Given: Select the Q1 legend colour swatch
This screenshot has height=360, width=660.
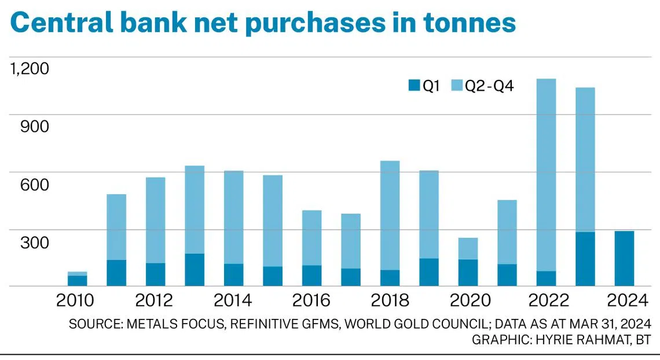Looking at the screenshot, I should point(413,86).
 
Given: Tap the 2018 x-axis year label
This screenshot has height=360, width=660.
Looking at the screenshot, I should point(389,300).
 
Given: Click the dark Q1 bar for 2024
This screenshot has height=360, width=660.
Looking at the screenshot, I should point(624,258).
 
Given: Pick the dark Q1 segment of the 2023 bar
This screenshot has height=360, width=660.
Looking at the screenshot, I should point(585,259).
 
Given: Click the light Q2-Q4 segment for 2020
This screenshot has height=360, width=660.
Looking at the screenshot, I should point(468,248).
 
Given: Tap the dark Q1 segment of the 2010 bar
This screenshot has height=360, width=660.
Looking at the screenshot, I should point(77,281).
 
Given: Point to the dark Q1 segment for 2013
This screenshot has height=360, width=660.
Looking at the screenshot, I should point(195,270).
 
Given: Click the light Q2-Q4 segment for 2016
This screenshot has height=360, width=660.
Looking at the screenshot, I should point(311,238).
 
